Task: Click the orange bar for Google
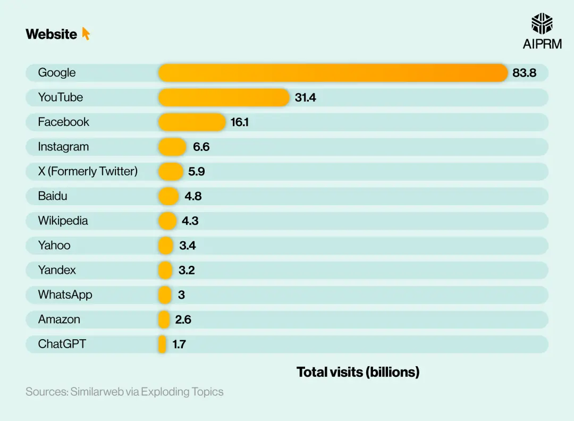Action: click(x=333, y=73)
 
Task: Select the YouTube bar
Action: click(x=224, y=97)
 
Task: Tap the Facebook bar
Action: click(x=192, y=122)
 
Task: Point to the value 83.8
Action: click(x=524, y=73)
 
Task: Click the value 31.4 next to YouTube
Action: click(x=306, y=97)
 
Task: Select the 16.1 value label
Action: click(x=240, y=122)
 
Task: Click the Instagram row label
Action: click(x=63, y=147)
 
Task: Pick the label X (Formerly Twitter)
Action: click(x=88, y=171)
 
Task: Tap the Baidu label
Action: click(x=53, y=196)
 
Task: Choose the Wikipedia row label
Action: click(x=63, y=221)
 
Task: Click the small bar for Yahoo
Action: click(x=166, y=245)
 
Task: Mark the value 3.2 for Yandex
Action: click(x=187, y=270)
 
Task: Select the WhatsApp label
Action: click(x=65, y=294)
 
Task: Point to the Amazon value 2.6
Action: click(x=183, y=319)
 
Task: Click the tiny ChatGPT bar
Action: click(x=162, y=344)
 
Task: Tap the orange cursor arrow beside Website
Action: click(x=86, y=34)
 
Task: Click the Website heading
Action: click(x=51, y=34)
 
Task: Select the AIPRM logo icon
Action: click(x=542, y=24)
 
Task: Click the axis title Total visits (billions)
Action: click(x=358, y=372)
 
